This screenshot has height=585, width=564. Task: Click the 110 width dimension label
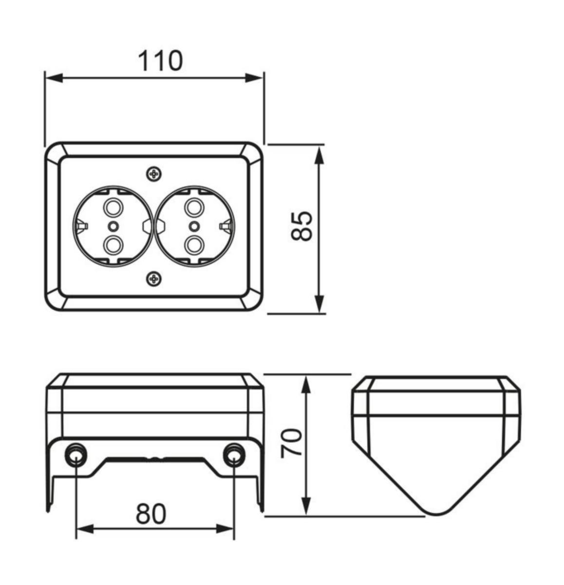pos(160,61)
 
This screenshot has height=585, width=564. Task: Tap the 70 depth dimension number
pos(293,443)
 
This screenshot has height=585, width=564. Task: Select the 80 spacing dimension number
pos(151,513)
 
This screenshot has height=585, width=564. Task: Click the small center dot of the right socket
pos(195,226)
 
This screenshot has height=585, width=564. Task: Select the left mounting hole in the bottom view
pos(75,454)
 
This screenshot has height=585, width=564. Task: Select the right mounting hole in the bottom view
pos(233,454)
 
